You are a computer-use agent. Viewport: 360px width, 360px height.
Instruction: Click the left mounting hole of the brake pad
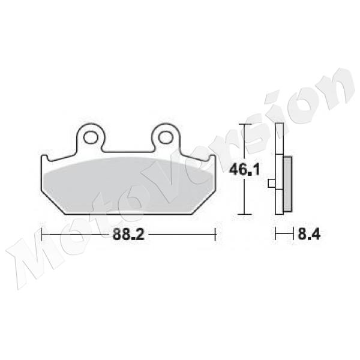tap(91, 137)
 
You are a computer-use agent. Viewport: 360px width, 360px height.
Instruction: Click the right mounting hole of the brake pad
tap(164, 137)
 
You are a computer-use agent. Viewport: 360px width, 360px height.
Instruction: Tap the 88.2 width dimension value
tap(128, 235)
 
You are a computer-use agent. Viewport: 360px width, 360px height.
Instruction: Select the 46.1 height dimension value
tap(244, 170)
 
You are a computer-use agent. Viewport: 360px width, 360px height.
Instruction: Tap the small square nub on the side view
tap(272, 184)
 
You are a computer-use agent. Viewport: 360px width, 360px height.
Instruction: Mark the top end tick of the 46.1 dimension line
tap(242, 124)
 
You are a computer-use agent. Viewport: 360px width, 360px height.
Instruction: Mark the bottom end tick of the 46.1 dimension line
tap(242, 214)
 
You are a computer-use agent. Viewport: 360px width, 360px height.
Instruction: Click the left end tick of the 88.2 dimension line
tap(41, 235)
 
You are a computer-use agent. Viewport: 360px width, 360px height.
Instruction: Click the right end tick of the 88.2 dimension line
tap(215, 235)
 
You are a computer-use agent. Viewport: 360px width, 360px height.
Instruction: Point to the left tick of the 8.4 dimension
tap(275, 235)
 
